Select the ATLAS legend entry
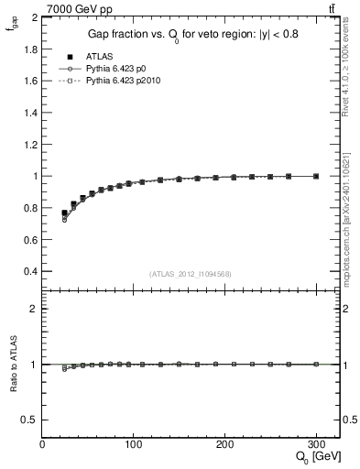click(101, 57)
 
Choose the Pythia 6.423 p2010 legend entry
click(128, 81)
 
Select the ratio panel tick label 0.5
click(29, 420)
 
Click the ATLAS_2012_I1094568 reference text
click(190, 273)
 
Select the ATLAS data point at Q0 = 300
click(316, 176)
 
